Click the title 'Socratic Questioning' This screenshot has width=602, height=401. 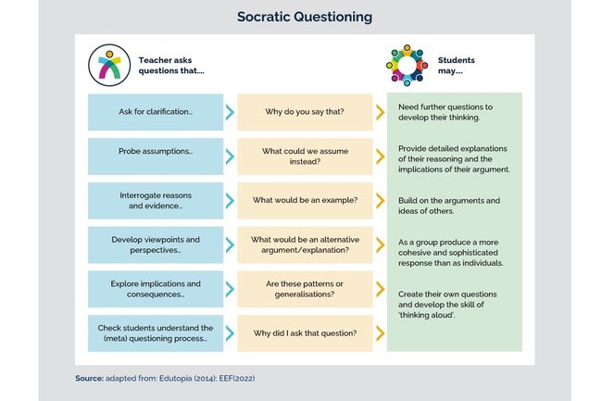(x=301, y=16)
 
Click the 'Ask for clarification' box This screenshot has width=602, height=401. (x=155, y=112)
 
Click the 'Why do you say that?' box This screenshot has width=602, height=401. (x=304, y=112)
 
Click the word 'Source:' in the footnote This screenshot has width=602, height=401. (x=90, y=378)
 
